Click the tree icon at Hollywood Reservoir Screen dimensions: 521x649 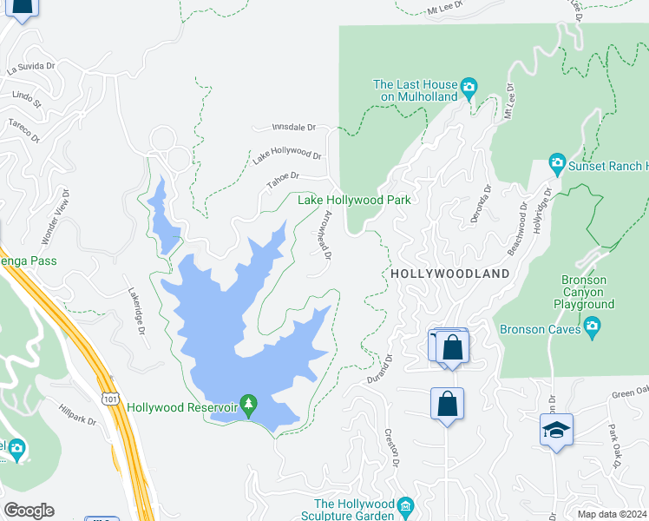(249, 405)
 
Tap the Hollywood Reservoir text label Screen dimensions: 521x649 (182, 406)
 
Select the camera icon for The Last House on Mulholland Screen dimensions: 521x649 (469, 85)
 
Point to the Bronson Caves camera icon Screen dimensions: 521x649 (593, 327)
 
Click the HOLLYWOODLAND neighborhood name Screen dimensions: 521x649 (449, 273)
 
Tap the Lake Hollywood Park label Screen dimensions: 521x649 (354, 200)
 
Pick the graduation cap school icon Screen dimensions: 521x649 (556, 430)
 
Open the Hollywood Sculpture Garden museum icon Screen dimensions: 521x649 (405, 505)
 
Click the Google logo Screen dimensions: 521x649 (29, 511)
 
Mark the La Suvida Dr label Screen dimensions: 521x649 (31, 65)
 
